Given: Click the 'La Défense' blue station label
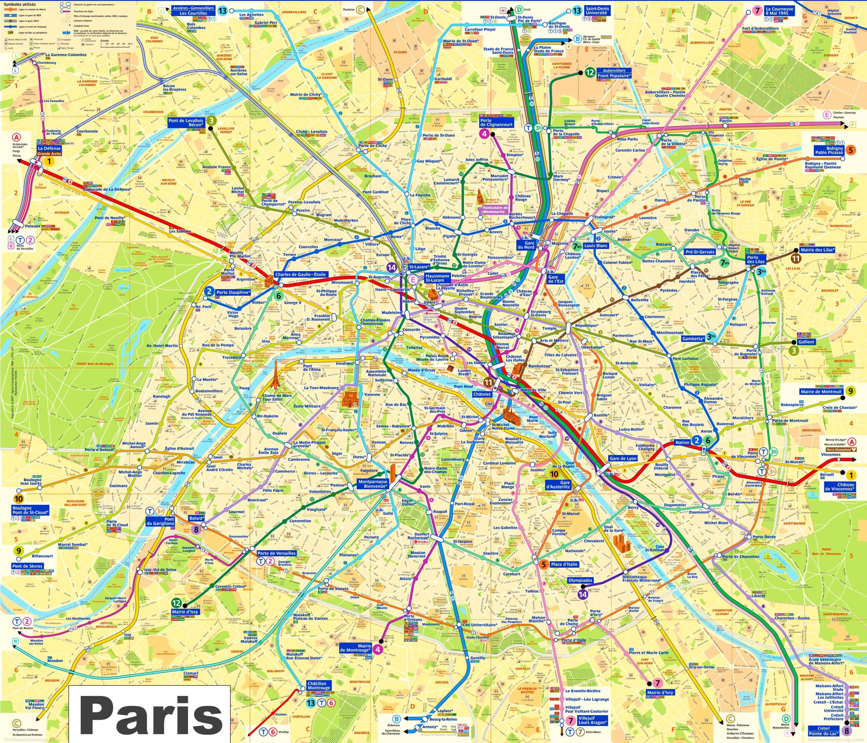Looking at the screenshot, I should click(49, 149).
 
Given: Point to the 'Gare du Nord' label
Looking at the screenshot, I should click(529, 245).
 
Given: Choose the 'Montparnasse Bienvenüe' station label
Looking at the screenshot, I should click(373, 484).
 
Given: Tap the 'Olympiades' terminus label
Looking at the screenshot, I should click(580, 580).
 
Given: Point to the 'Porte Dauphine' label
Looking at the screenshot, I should click(233, 292).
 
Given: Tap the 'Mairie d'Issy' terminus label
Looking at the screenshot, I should click(185, 612).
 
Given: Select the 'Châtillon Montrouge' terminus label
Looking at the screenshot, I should click(318, 686).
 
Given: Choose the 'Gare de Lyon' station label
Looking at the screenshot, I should click(623, 458).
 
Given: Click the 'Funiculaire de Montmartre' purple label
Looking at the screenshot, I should click(494, 210).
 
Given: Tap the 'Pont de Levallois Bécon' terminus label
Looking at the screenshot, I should click(185, 123).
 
